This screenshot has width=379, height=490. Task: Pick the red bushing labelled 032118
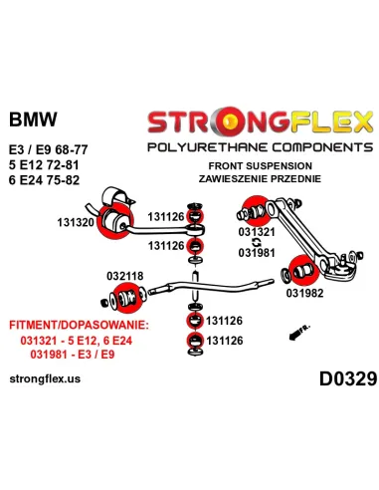[x=126, y=297]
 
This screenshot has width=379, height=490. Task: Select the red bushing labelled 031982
[x=297, y=269]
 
